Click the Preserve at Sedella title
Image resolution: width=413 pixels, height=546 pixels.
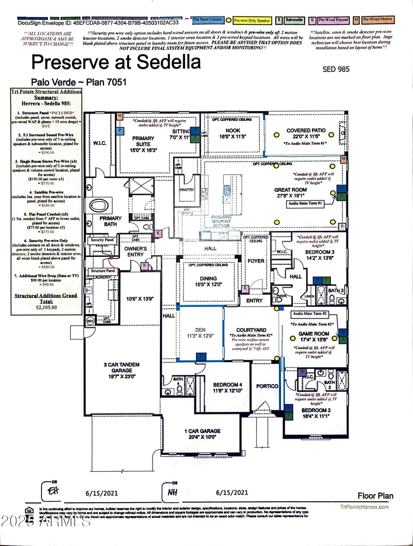116,62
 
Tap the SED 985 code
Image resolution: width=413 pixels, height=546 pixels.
336,69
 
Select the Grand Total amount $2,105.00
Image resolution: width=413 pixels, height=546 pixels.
46,307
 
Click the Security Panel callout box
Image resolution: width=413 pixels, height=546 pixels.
102,240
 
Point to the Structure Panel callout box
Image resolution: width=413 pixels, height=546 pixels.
103,271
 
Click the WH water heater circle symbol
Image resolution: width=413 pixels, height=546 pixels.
90,321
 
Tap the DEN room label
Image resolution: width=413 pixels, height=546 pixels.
200,330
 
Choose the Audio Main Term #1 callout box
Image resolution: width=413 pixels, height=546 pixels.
305,203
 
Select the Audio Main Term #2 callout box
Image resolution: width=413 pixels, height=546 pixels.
310,314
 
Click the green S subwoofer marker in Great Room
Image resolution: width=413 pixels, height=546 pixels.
342,226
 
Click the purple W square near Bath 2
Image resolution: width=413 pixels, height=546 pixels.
302,372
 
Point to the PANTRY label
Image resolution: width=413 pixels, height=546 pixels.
187,189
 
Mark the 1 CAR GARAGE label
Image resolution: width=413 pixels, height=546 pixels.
202,431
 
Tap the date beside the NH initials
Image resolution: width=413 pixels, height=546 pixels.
232,492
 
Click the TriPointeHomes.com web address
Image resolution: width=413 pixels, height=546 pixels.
364,507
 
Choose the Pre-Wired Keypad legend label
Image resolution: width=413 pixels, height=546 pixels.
333,20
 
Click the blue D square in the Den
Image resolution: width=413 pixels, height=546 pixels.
201,356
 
